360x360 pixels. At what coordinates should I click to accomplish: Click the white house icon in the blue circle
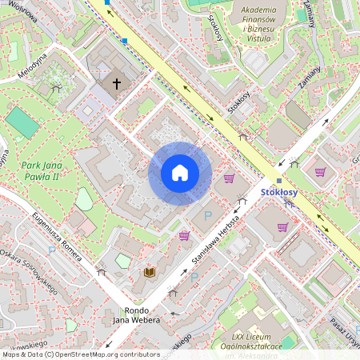(x=180, y=173)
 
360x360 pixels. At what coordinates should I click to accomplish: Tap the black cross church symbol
(x=117, y=82)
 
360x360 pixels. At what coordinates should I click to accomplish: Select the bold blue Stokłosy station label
(x=279, y=193)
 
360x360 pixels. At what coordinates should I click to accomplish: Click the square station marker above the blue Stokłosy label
(x=279, y=180)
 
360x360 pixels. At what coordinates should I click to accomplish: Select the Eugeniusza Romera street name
(x=58, y=232)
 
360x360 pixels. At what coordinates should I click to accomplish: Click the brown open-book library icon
(x=149, y=272)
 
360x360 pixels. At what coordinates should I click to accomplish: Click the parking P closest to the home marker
(x=207, y=216)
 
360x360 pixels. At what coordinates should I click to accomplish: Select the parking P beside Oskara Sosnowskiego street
(x=53, y=250)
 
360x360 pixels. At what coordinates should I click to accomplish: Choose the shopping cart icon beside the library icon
(x=184, y=235)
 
